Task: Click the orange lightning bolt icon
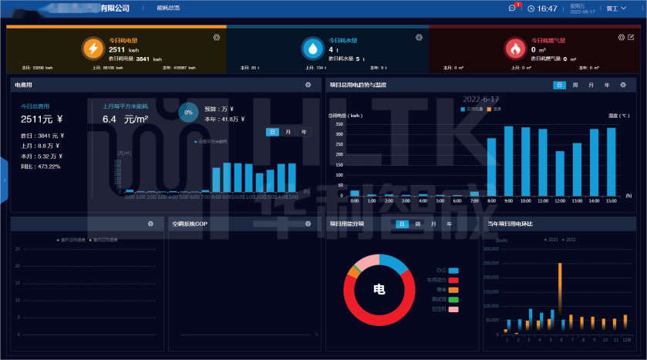coord(93,49)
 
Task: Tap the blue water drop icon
coord(312,49)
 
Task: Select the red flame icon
coord(514,49)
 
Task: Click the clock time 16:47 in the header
coord(547,8)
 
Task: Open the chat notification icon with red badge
coord(513,8)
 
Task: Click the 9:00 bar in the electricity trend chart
coord(508,160)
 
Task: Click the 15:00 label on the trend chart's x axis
coord(611,201)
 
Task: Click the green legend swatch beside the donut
coord(453,299)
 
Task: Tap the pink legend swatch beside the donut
coord(453,308)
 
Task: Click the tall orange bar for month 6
coord(561,298)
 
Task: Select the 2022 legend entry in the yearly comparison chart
coord(569,240)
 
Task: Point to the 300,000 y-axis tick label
coord(494,249)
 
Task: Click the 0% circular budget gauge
coord(187,113)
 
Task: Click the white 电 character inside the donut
coord(379,290)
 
